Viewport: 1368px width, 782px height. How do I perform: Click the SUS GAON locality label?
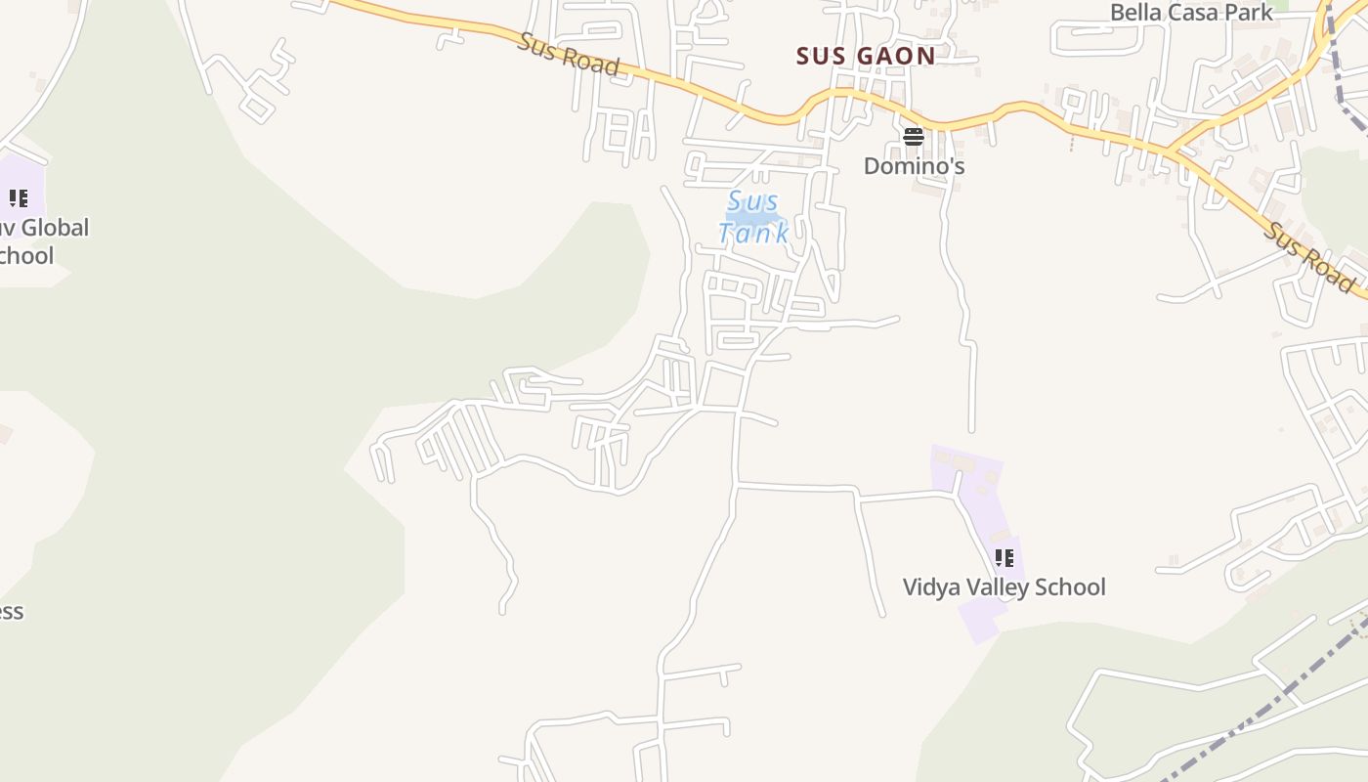pyautogui.click(x=866, y=56)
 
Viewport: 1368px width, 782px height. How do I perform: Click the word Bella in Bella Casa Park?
pyautogui.click(x=1134, y=13)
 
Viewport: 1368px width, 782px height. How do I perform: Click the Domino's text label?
pyautogui.click(x=914, y=166)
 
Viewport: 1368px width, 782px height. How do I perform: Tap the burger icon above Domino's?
pyautogui.click(x=914, y=137)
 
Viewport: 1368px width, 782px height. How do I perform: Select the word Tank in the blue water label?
pyautogui.click(x=753, y=233)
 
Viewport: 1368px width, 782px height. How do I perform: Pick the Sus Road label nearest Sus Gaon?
pyautogui.click(x=570, y=54)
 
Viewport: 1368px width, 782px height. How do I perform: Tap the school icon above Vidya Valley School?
pyautogui.click(x=1004, y=558)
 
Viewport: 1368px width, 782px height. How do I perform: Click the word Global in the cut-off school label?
pyautogui.click(x=55, y=228)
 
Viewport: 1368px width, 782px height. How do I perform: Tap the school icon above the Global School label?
pyautogui.click(x=19, y=199)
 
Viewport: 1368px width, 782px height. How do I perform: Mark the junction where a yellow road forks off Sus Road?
pyautogui.click(x=1169, y=152)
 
